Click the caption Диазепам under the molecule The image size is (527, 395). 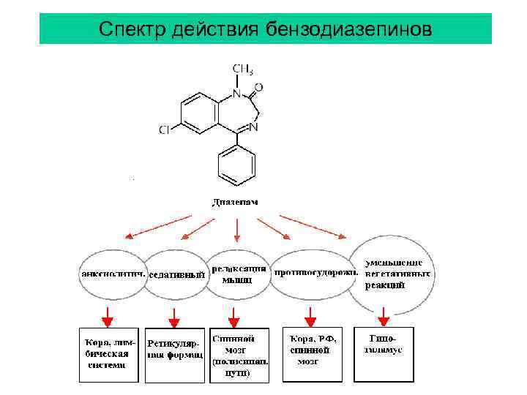235,201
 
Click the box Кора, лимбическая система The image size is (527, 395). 108,353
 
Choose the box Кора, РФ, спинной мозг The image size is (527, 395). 312,354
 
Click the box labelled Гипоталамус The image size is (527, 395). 384,353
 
